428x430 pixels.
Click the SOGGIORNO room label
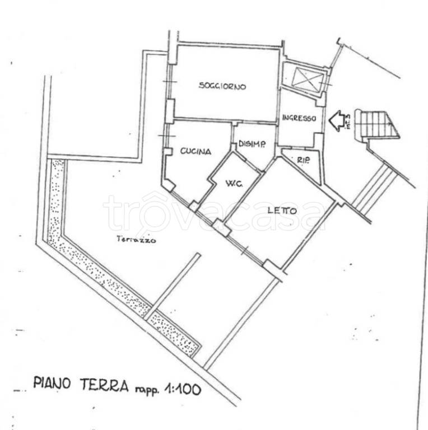click(x=222, y=86)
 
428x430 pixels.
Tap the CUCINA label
click(x=196, y=151)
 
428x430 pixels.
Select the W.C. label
click(x=234, y=183)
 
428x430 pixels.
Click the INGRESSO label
click(x=299, y=118)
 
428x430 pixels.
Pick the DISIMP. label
click(x=252, y=144)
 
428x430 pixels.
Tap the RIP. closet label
click(x=304, y=160)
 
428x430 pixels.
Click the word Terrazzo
click(x=136, y=239)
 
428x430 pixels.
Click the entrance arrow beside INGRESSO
click(x=337, y=121)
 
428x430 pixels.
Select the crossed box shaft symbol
click(x=308, y=80)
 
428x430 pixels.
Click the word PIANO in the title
click(x=52, y=382)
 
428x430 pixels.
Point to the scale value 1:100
click(x=183, y=389)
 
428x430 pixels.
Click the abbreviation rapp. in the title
click(x=147, y=390)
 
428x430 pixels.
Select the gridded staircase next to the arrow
click(x=377, y=125)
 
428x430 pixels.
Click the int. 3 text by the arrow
click(x=348, y=121)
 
